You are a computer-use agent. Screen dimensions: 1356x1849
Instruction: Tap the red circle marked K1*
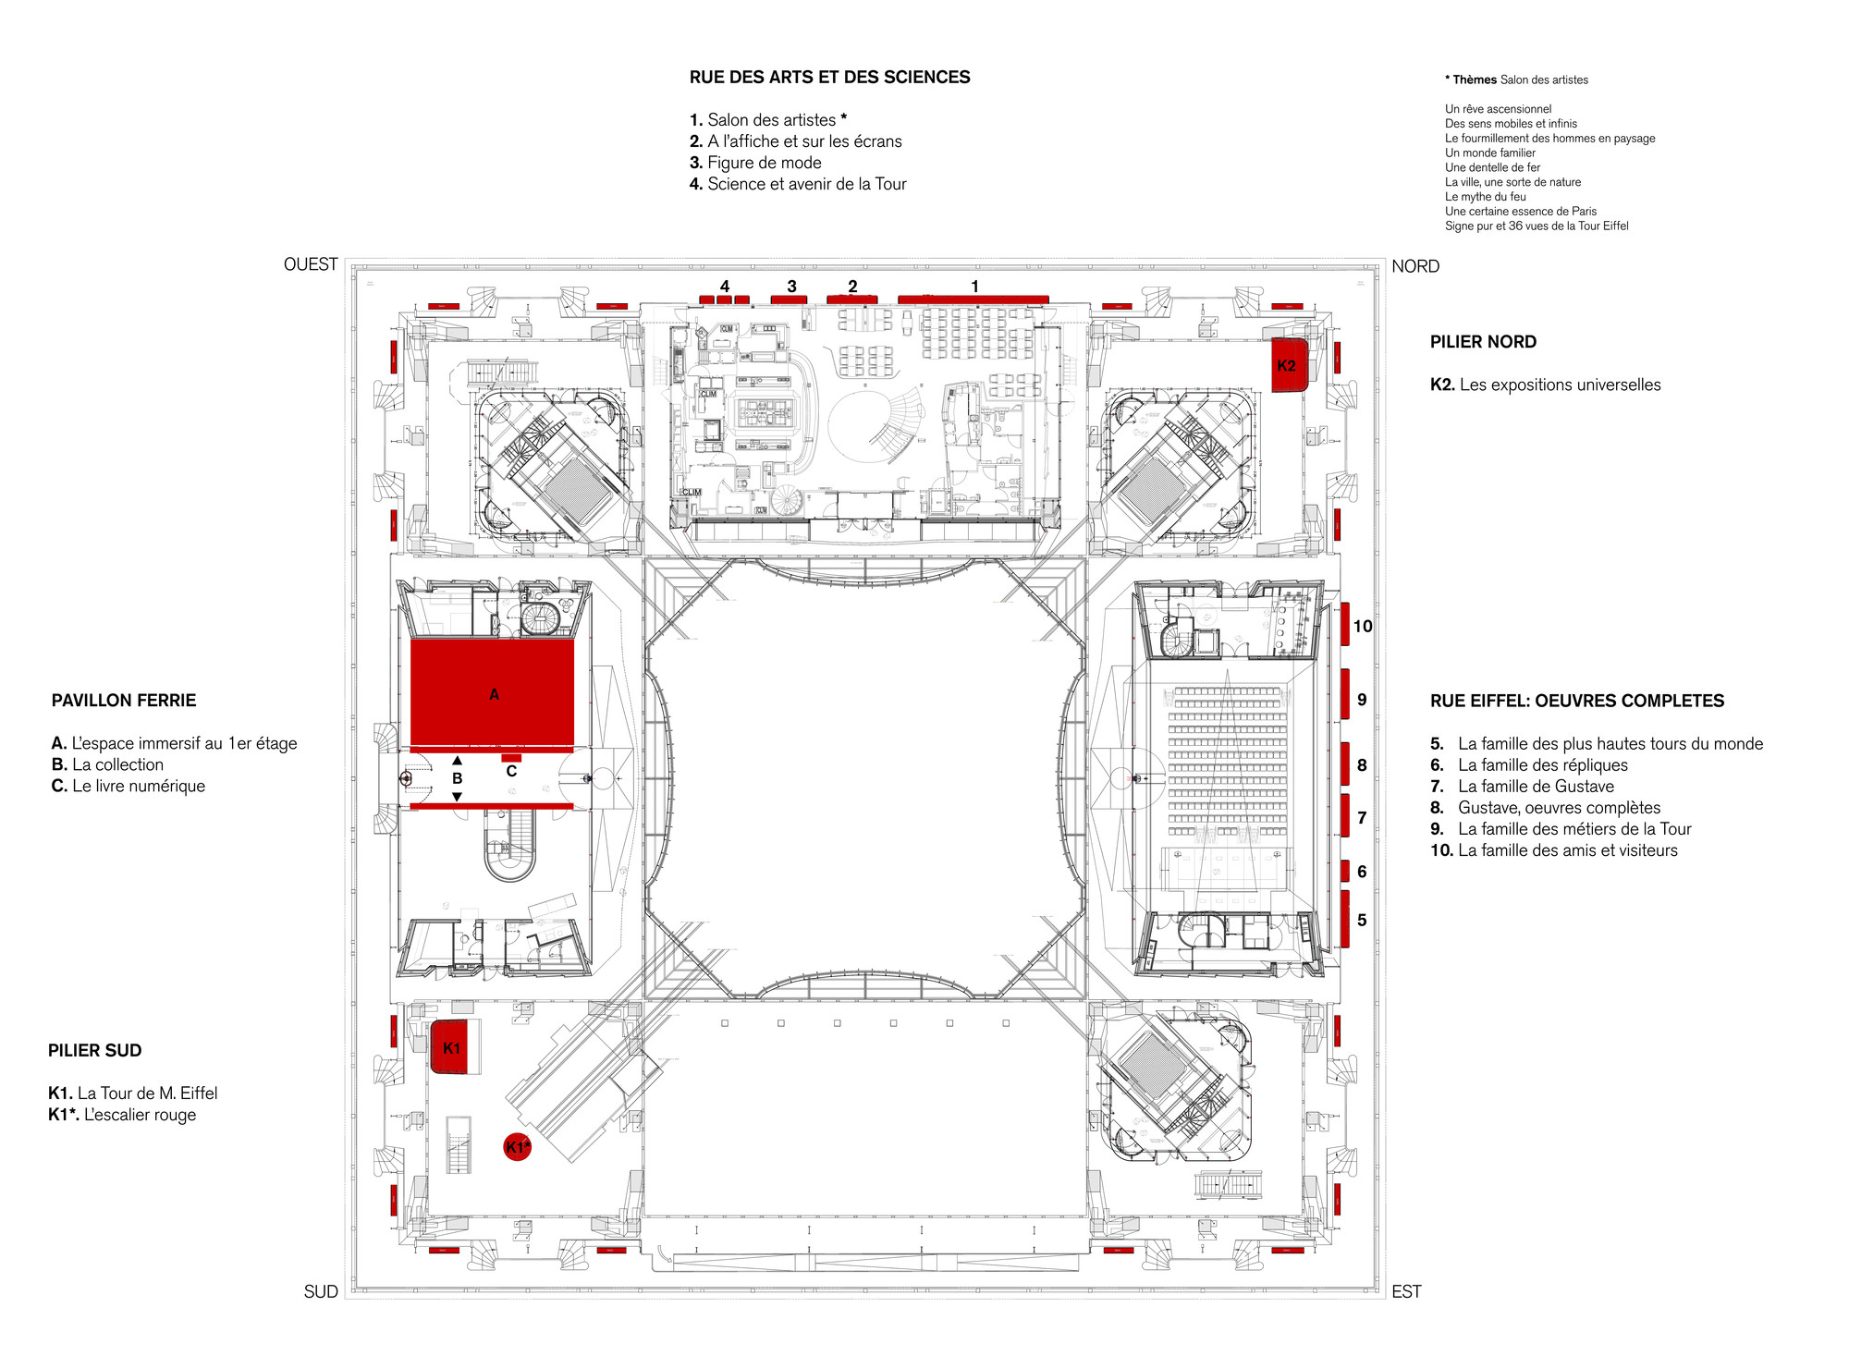coord(518,1147)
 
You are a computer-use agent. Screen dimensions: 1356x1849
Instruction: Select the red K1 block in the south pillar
coord(453,1047)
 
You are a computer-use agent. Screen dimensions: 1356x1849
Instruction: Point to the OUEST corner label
coord(311,264)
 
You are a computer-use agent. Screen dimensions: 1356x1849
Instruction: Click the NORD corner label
coord(1415,266)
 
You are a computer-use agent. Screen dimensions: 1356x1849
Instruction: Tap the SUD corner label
coord(321,1291)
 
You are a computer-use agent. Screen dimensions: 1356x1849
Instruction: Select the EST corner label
coord(1406,1291)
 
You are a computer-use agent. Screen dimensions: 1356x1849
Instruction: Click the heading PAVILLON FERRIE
coord(124,700)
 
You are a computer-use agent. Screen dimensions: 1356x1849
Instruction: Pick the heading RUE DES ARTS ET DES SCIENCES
coord(829,78)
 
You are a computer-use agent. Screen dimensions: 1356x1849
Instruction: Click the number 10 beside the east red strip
coord(1363,626)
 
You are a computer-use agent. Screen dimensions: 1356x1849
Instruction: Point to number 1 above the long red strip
coord(974,287)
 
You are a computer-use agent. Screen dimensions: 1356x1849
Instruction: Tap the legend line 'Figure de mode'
coord(755,163)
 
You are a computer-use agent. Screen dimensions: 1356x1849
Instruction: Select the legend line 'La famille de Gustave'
coord(1536,786)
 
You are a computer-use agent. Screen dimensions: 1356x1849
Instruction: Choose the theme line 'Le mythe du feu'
coord(1485,197)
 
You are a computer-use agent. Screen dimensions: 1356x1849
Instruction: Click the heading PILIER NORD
coord(1483,342)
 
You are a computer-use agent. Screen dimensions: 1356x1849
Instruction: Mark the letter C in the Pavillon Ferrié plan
coord(511,771)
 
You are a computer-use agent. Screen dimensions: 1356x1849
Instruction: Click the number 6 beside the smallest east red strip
coord(1362,872)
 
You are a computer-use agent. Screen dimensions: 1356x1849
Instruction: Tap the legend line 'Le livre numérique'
coord(129,786)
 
